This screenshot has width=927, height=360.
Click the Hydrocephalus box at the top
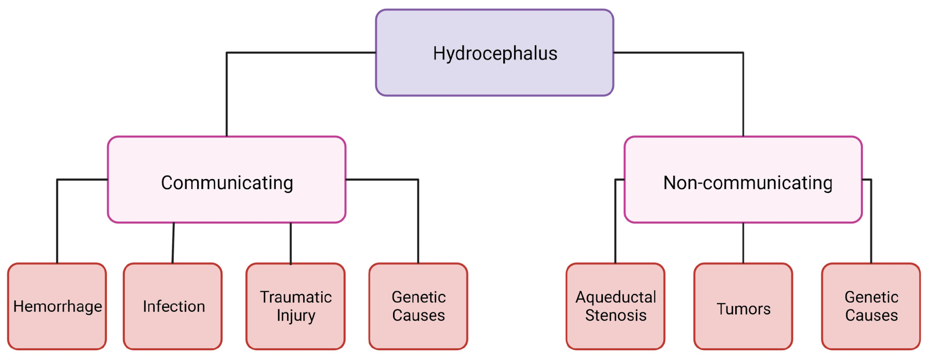[495, 53]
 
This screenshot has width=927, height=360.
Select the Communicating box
[227, 180]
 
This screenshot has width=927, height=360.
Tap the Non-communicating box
[743, 180]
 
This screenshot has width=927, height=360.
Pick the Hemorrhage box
[57, 306]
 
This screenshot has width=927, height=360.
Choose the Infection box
[173, 306]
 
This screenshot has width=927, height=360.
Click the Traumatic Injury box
[295, 306]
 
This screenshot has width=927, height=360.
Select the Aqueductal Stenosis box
[615, 306]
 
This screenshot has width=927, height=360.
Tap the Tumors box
[743, 306]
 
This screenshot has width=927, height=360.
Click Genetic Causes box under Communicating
[418, 306]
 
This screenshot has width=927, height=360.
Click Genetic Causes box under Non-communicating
[871, 306]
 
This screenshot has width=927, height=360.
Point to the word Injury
[296, 315]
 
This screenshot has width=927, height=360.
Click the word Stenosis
[616, 315]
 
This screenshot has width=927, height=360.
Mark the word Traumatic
[296, 297]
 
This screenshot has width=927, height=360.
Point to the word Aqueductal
[616, 297]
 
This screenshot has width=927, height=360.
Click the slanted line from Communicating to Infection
[173, 243]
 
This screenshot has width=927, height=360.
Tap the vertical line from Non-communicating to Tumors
[743, 243]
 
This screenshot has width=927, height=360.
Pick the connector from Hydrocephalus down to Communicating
[227, 94]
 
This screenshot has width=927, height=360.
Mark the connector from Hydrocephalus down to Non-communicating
[743, 94]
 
